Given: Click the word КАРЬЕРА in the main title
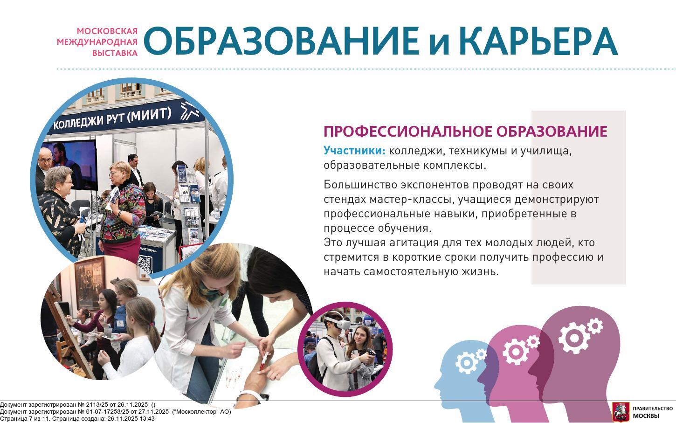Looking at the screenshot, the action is pos(538,41).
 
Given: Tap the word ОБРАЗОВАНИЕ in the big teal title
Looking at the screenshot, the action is pos(281,41).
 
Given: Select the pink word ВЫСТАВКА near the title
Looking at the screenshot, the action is pos(115,53).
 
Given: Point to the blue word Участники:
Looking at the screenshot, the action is pos(355,150).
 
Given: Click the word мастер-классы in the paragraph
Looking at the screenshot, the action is pos(410,199).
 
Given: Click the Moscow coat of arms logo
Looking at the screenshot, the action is pos(621,412).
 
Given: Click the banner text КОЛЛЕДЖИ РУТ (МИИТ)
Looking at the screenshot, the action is pos(112,118).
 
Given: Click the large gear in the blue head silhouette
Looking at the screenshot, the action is pos(467,363).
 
